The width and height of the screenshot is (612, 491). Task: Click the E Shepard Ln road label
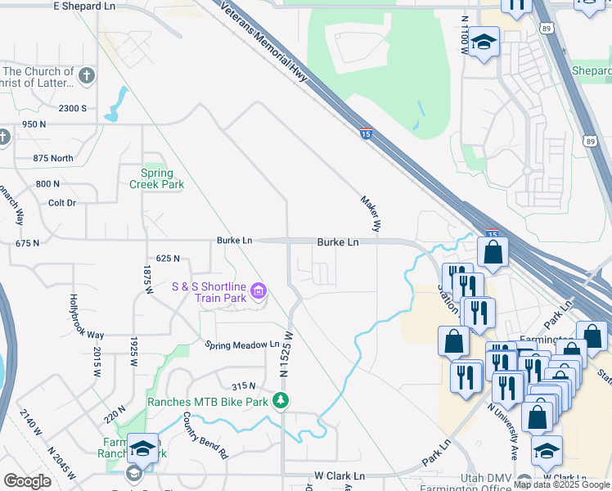pos(84,7)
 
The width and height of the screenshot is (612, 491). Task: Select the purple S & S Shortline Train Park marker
pos(259,291)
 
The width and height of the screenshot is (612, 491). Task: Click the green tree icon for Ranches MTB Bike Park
pos(281,400)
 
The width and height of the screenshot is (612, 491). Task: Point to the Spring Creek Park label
pos(156,178)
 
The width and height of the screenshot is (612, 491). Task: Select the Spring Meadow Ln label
pos(241,345)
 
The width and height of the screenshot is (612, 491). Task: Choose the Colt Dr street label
pos(61,202)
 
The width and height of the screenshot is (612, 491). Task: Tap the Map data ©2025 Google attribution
pos(561,484)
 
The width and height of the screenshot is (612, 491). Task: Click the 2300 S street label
pos(72,108)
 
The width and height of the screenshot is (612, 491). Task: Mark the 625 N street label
pos(166,259)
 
